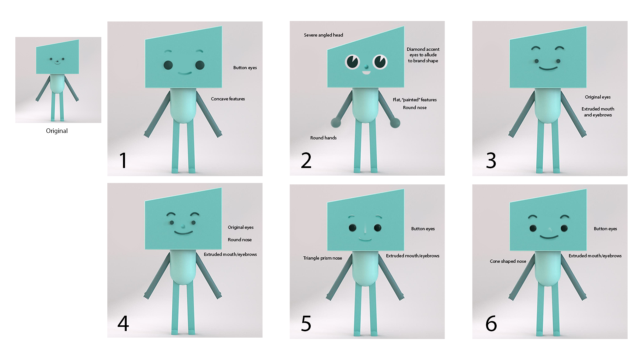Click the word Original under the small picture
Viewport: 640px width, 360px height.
point(57,131)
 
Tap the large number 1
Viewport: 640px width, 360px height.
point(123,160)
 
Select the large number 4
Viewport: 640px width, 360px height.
point(123,323)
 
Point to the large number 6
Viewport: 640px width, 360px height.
point(491,324)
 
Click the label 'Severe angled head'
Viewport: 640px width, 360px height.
point(323,35)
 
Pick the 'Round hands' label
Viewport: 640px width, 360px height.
point(323,138)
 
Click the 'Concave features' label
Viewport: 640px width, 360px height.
point(228,99)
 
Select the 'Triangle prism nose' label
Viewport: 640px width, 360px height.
point(322,258)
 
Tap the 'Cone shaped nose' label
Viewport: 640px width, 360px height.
point(508,261)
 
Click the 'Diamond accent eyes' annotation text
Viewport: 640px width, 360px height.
point(423,55)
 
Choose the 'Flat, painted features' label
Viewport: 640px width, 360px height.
point(415,100)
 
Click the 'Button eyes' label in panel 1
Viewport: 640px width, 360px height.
point(245,68)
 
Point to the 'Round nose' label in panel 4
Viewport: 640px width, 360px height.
point(240,240)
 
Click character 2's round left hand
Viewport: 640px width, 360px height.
point(336,123)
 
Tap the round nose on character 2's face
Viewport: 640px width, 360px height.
point(366,66)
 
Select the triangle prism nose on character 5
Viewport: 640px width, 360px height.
point(365,229)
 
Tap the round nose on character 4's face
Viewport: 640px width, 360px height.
point(183,227)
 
